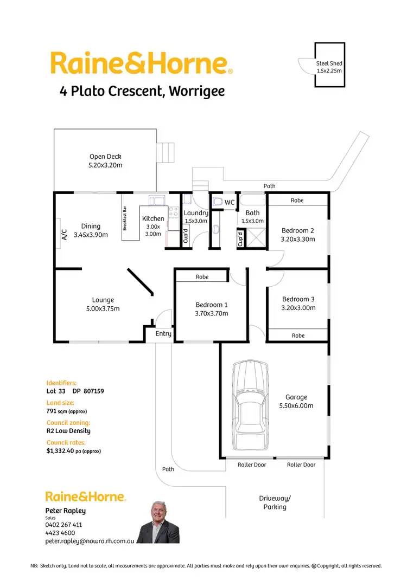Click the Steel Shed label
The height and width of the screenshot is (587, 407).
click(329, 63)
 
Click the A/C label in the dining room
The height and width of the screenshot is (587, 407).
click(63, 234)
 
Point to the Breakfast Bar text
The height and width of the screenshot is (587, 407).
click(125, 218)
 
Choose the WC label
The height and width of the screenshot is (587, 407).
click(230, 203)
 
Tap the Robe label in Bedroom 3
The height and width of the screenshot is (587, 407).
click(298, 336)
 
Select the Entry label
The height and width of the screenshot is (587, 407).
click(163, 333)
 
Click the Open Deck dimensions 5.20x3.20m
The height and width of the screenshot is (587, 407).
click(105, 165)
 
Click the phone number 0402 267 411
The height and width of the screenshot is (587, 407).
click(63, 525)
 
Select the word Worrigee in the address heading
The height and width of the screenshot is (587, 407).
click(196, 91)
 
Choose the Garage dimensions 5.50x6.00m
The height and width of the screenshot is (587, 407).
click(296, 405)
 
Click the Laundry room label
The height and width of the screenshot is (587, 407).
click(195, 213)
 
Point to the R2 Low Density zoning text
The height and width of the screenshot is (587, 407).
click(68, 431)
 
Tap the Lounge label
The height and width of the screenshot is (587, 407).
click(103, 300)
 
